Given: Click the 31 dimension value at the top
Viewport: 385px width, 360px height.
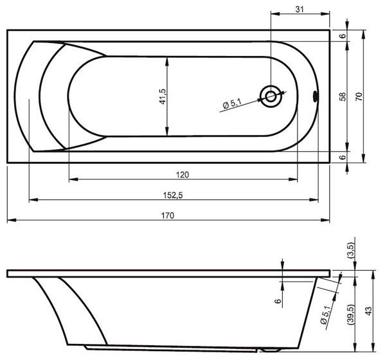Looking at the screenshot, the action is coord(300,10).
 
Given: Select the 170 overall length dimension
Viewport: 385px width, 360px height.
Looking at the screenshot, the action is coord(168,215).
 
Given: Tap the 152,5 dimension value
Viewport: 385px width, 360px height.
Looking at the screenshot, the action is coord(173,195).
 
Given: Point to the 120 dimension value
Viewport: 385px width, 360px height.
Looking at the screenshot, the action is coord(183,175).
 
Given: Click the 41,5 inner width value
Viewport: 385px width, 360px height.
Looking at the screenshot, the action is coord(163,96).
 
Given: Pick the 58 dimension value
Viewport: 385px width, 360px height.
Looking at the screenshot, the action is coord(343,96).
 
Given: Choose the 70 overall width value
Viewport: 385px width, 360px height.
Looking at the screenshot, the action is coord(359,96).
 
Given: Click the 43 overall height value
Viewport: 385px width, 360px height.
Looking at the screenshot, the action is coord(368,311).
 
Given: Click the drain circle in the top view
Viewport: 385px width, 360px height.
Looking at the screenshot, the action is coord(271,96).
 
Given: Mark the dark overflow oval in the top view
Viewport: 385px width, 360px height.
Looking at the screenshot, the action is coord(316,96).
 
